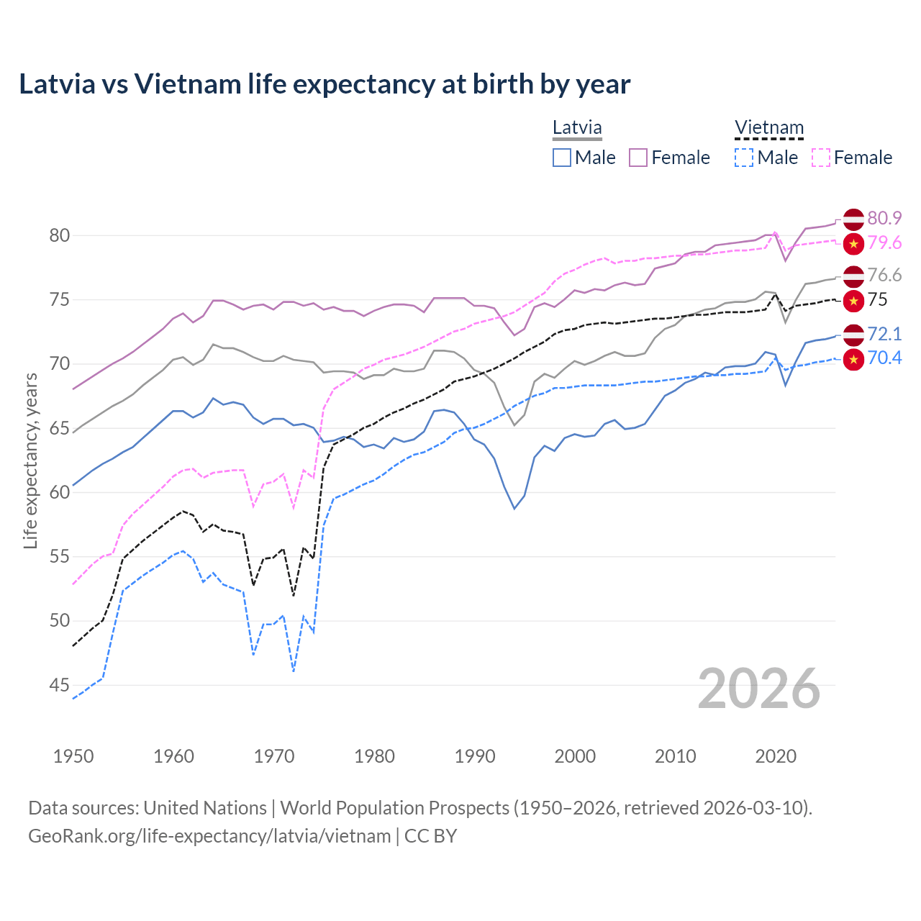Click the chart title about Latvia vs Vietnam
325,84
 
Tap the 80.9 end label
884,218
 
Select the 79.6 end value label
884,243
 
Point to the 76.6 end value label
884,275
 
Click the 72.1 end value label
884,334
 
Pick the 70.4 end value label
884,358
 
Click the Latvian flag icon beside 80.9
853,219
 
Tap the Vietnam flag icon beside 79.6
853,244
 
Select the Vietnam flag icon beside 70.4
853,359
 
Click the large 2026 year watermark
758,689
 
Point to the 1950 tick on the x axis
73,756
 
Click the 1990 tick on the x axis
475,756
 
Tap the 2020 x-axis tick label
776,756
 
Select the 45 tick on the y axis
60,685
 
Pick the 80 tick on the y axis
60,235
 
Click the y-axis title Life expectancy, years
30,460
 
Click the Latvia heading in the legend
577,128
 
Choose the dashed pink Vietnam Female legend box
821,158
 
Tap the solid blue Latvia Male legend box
562,158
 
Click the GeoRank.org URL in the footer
209,836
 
